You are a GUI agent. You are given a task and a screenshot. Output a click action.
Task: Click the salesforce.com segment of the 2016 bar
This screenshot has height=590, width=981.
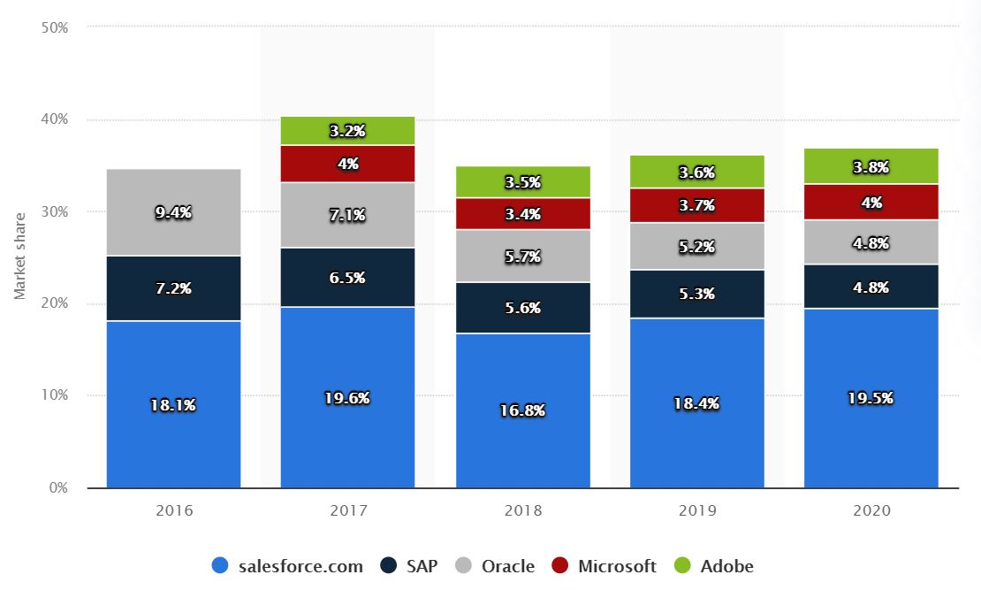click(173, 404)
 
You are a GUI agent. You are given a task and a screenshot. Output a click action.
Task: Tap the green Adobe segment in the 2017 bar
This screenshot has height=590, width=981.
click(347, 131)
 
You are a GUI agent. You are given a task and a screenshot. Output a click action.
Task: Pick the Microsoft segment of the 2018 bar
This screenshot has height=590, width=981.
click(522, 213)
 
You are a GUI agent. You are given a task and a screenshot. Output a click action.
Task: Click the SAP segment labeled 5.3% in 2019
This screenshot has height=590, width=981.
click(697, 293)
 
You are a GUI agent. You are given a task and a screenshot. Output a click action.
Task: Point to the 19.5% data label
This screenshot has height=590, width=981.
click(871, 398)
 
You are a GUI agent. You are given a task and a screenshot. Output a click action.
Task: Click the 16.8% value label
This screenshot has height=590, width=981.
click(522, 410)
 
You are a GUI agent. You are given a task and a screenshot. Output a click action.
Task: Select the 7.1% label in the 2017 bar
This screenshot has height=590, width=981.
click(347, 216)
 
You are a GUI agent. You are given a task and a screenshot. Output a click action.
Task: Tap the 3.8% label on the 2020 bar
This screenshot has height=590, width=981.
click(871, 166)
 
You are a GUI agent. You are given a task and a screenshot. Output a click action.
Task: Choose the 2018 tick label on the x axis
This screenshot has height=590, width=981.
click(522, 510)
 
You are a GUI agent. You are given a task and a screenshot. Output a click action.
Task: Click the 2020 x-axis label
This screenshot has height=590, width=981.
click(871, 510)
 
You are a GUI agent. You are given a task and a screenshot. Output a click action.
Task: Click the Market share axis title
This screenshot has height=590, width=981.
click(20, 256)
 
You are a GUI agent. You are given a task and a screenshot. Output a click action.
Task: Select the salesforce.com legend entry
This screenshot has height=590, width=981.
click(288, 566)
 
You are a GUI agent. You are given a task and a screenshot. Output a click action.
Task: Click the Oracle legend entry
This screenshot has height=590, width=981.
click(496, 566)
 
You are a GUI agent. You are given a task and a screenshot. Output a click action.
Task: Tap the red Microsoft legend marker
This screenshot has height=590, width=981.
click(561, 566)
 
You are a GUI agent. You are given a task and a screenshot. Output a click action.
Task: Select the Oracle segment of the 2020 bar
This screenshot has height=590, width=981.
click(871, 241)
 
